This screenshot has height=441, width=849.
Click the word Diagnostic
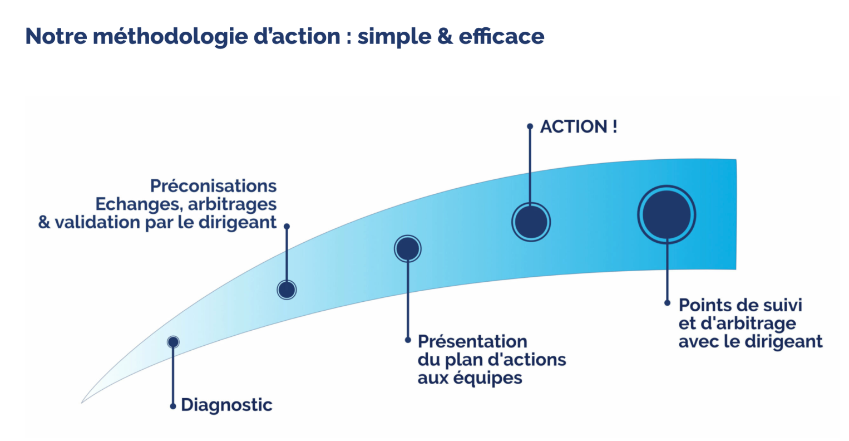[x=226, y=405]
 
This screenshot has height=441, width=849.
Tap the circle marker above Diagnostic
[x=173, y=342]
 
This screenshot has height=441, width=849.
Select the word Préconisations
[x=214, y=185]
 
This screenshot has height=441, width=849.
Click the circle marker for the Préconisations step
[x=287, y=290]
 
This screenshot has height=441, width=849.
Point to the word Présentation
[x=472, y=341]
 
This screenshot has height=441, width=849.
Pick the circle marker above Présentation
[x=408, y=249]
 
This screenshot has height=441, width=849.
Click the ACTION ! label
[x=579, y=126]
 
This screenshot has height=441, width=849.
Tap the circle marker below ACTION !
[x=531, y=222]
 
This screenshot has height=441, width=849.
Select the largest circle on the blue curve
[x=667, y=215]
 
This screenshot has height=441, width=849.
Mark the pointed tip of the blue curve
[x=83, y=401]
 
